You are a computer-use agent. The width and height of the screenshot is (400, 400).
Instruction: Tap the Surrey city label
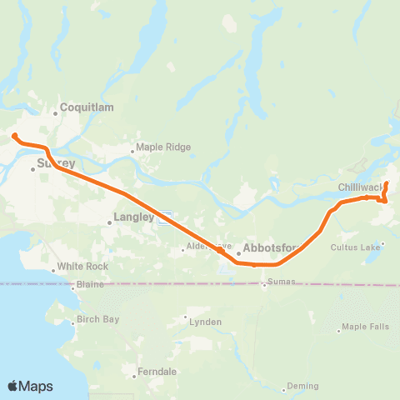click(57, 163)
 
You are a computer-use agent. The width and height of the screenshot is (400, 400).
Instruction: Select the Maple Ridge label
click(164, 147)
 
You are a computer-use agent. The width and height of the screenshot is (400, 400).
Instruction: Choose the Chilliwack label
click(360, 188)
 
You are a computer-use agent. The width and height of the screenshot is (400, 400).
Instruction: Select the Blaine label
click(90, 284)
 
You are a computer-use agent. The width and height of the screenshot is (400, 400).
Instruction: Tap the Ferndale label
click(157, 372)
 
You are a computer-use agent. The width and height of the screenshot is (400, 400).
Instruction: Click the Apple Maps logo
click(30, 386)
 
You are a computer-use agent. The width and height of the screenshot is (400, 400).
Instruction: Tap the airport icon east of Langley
click(165, 217)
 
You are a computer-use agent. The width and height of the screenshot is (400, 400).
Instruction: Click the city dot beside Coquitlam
click(56, 112)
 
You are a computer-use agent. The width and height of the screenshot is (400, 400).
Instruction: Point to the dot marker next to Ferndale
click(135, 376)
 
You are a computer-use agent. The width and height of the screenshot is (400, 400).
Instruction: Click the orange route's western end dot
click(15, 135)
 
